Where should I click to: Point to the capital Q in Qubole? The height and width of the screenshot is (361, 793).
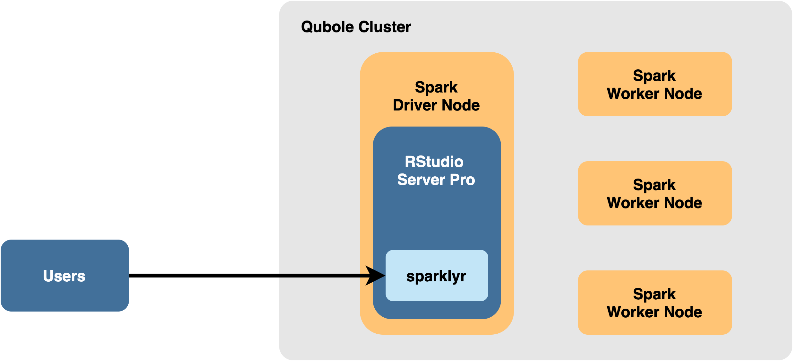307,27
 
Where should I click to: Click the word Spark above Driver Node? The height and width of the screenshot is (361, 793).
436,87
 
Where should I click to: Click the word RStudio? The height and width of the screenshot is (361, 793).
434,162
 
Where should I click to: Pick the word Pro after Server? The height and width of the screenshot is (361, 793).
462,180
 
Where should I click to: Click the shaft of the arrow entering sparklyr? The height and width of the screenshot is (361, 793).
321,276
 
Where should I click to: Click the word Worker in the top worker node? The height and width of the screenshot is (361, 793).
633,94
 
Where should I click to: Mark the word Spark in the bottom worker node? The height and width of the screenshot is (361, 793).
654,294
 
